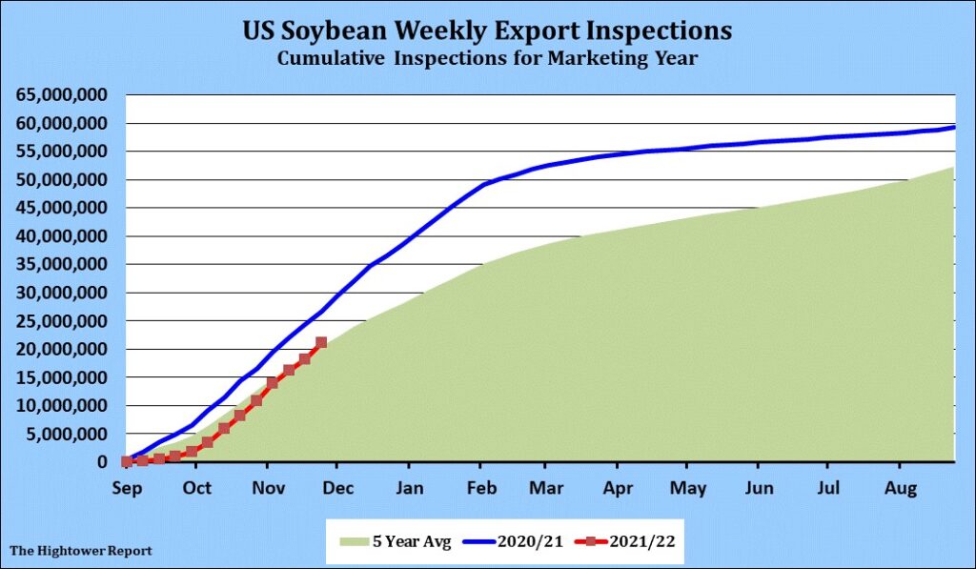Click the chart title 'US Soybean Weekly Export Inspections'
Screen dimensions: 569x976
click(x=487, y=30)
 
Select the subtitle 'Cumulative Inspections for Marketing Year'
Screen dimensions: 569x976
click(x=487, y=58)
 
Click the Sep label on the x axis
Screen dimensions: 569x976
click(x=127, y=489)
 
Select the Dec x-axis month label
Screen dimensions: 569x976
click(x=337, y=489)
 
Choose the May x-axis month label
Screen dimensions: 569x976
click(x=688, y=489)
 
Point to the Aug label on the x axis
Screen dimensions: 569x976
click(x=900, y=489)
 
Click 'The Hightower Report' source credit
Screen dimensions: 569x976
click(x=80, y=551)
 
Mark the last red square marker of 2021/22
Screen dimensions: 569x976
click(x=321, y=342)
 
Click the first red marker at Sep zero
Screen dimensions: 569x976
click(x=127, y=461)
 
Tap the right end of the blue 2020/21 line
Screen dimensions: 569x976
click(x=955, y=127)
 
